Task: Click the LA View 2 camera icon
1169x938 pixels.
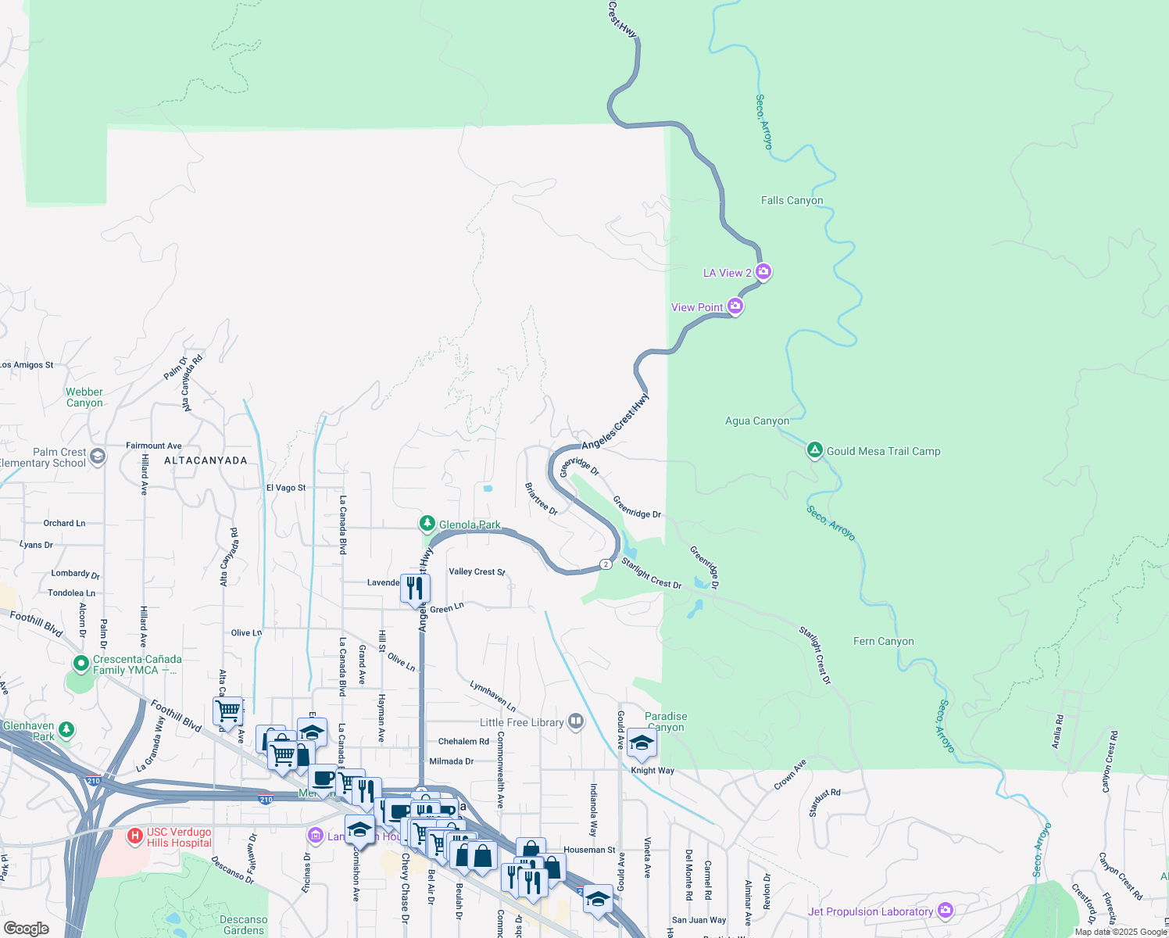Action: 763,272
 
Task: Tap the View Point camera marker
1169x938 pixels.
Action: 735,306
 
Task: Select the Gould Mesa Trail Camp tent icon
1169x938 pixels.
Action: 814,450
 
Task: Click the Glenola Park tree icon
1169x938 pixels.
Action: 427,524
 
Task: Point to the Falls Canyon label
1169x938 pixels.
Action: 792,200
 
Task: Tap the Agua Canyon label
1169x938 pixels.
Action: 756,421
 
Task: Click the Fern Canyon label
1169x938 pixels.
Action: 883,641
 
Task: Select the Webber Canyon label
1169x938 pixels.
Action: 84,397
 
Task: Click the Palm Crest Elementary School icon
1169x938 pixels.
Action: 98,456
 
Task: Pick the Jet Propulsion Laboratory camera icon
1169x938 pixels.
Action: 946,911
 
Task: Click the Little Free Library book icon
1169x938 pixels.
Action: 576,721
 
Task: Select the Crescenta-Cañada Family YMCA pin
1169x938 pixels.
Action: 80,664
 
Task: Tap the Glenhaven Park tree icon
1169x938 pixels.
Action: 66,730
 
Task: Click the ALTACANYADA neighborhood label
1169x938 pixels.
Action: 206,460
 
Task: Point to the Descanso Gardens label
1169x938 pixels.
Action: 243,925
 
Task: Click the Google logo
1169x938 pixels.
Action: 26,928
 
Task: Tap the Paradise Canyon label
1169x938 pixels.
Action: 666,721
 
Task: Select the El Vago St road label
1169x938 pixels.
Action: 286,488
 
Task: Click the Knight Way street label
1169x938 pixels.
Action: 652,771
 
